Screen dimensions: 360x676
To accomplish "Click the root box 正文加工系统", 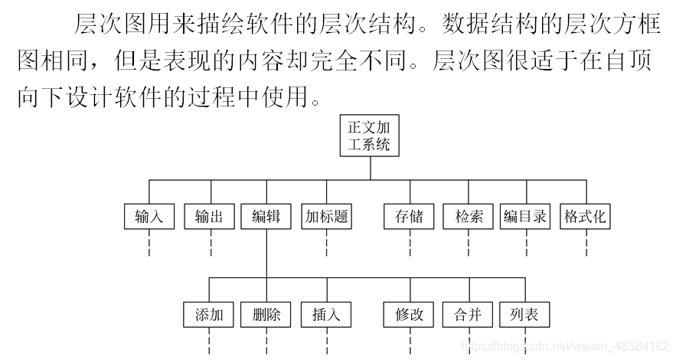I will tap(370, 136).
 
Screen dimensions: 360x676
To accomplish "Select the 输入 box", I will tap(149, 217).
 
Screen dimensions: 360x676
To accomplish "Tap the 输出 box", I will tap(209, 217).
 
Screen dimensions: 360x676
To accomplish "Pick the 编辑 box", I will tap(266, 217).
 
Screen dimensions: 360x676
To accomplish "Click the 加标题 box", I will tap(327, 217).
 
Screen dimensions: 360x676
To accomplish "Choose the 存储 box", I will tap(410, 217).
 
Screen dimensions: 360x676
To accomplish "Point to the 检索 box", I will tap(468, 217).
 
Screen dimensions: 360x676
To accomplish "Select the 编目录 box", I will tap(525, 217).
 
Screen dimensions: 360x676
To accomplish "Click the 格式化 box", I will tap(586, 217).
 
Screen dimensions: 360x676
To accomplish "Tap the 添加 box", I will tap(209, 314).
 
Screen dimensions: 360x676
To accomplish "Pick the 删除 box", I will tap(266, 314).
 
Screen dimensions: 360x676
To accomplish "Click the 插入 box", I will tap(327, 314).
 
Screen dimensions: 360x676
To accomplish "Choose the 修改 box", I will tap(410, 314).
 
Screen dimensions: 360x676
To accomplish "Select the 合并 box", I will tap(468, 314).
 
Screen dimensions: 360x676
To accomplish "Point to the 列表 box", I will tap(525, 314).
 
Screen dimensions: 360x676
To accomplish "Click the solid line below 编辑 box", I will tap(266, 253).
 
